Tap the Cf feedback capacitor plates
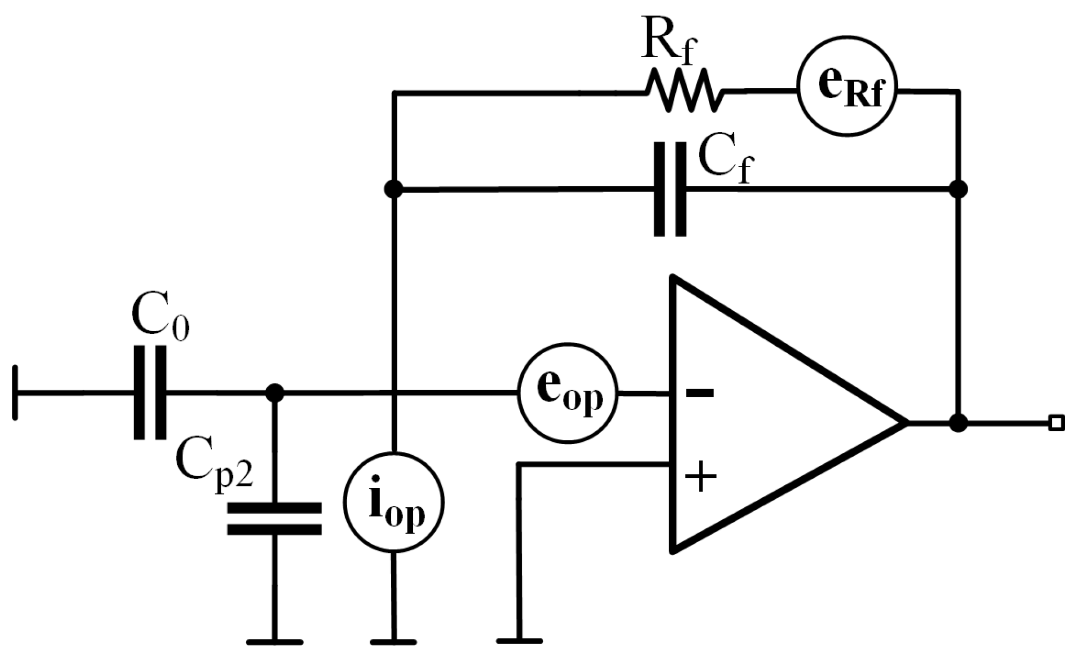[x=670, y=189]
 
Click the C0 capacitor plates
[x=150, y=393]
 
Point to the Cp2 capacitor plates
[x=274, y=518]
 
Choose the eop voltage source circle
[x=568, y=393]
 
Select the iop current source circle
[x=394, y=503]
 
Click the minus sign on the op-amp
[x=700, y=393]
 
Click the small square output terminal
[x=1056, y=423]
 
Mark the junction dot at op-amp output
[x=958, y=423]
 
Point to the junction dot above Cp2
[x=275, y=393]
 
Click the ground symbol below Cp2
[x=274, y=642]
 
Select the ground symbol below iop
[x=394, y=642]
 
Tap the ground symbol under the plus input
[x=519, y=640]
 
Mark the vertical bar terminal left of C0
[x=15, y=393]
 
